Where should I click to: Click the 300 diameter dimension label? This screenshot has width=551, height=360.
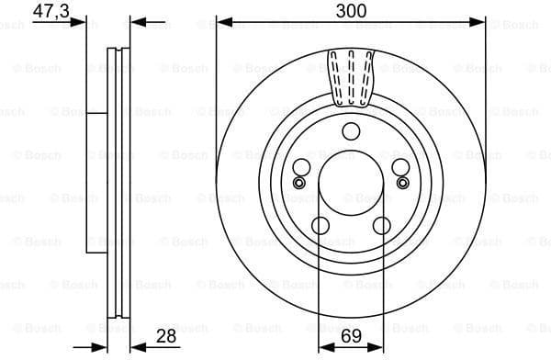351,11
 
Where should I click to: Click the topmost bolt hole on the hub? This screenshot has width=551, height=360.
351,133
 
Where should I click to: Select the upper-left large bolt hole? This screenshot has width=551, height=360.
301,168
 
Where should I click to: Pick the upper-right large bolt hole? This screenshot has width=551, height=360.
400,168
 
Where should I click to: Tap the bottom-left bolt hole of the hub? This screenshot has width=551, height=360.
320,226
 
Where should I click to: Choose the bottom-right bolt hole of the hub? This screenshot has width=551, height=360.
381,226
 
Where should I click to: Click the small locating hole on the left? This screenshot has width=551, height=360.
298,184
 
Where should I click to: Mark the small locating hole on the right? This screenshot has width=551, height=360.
403,184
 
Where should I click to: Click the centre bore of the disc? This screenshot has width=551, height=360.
351,184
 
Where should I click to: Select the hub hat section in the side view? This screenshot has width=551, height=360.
96,184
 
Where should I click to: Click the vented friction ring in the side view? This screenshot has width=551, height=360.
118,184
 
